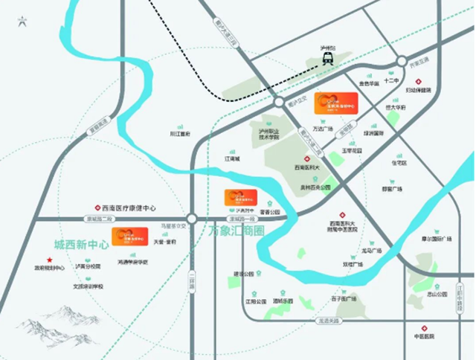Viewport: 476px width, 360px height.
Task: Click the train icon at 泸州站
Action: [327, 62]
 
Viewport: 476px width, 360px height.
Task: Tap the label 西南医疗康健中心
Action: [129, 208]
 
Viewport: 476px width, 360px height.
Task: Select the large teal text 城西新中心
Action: [81, 244]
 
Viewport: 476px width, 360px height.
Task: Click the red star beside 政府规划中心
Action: [49, 260]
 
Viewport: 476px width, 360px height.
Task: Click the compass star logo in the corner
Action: [25, 21]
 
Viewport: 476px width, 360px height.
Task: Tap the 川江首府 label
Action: [180, 134]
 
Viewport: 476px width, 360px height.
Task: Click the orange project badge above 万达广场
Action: [336, 103]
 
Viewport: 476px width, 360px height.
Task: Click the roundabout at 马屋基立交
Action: [192, 219]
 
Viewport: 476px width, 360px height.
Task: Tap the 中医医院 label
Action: [424, 336]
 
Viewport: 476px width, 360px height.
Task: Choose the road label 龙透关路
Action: [327, 319]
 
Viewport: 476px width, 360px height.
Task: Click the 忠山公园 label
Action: [437, 294]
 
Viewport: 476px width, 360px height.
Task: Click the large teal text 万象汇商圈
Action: [237, 231]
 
